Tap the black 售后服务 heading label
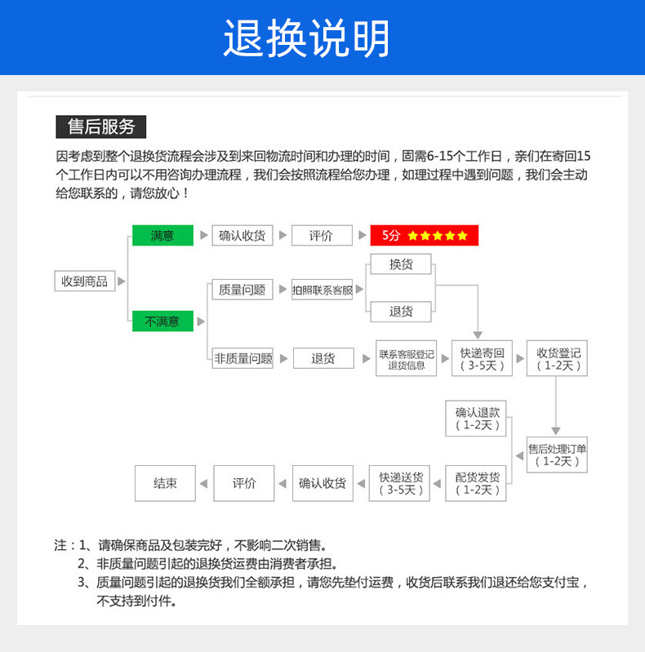[100, 126]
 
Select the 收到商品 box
[84, 281]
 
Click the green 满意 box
[162, 235]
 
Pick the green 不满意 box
[162, 321]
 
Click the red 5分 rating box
[424, 235]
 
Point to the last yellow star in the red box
[462, 236]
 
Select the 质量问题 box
[242, 289]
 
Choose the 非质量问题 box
[242, 357]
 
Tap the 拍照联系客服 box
[322, 290]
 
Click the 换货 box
[400, 264]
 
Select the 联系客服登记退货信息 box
[406, 359]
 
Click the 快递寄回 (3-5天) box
[482, 359]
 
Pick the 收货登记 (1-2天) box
[558, 359]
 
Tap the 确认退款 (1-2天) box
[477, 418]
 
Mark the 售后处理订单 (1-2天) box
[558, 455]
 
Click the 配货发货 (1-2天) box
[477, 483]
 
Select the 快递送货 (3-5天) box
[400, 483]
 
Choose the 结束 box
[165, 483]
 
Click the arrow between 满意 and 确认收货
[203, 235]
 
